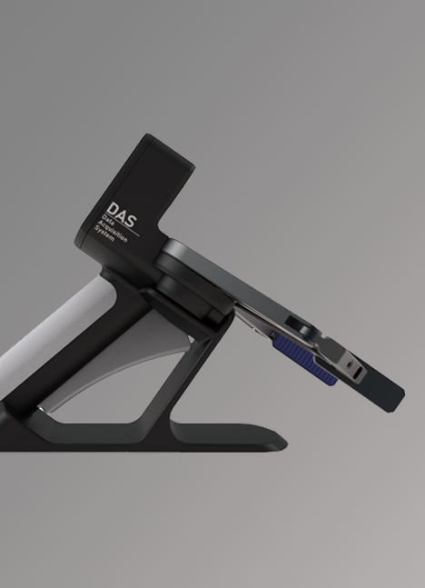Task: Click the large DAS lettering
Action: click(x=122, y=214)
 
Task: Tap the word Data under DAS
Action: click(x=108, y=220)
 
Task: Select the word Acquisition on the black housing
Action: click(x=113, y=231)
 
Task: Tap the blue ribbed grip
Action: click(x=305, y=360)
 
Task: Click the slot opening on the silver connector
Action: click(x=359, y=373)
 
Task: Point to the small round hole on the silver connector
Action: click(x=350, y=364)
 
